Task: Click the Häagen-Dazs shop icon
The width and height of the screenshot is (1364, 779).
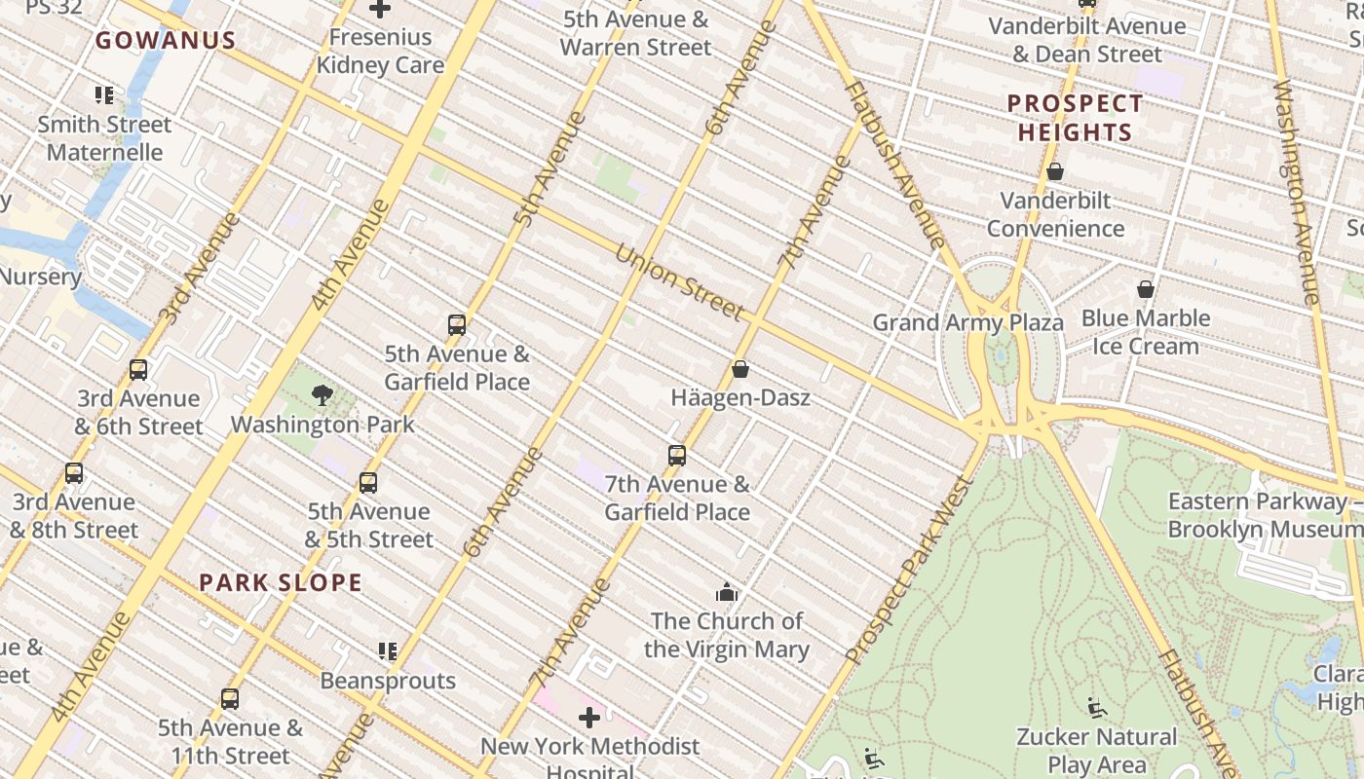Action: point(740,369)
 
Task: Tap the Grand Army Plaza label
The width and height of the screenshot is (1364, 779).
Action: point(967,322)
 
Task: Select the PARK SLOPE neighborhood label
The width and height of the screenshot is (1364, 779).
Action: point(281,583)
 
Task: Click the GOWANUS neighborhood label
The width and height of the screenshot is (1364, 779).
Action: point(166,40)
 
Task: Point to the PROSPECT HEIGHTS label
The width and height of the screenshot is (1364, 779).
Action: point(1075,118)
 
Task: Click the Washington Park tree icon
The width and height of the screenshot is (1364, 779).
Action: point(322,394)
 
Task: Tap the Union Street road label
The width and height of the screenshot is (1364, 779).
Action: point(679,281)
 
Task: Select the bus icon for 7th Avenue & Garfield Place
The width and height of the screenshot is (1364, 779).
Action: point(677,455)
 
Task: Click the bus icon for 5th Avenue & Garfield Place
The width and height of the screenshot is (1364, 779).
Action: point(457,324)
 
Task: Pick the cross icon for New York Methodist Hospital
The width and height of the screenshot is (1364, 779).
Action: point(589,718)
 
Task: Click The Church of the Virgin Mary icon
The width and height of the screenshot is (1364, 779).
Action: point(727,592)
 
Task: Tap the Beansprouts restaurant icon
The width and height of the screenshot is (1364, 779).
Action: point(388,650)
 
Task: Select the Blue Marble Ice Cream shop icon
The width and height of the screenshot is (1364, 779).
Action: point(1146,289)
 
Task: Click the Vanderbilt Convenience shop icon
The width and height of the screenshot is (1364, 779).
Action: point(1054,171)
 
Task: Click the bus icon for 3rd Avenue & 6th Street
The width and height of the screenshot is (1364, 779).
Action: point(138,369)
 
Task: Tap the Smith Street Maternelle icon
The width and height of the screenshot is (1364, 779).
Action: point(104,94)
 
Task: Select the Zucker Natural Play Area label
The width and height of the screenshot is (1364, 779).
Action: point(1096,750)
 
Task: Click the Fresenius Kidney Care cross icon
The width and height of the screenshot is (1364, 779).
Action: point(380,9)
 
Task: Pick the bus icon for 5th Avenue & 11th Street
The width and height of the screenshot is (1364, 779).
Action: point(230,698)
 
